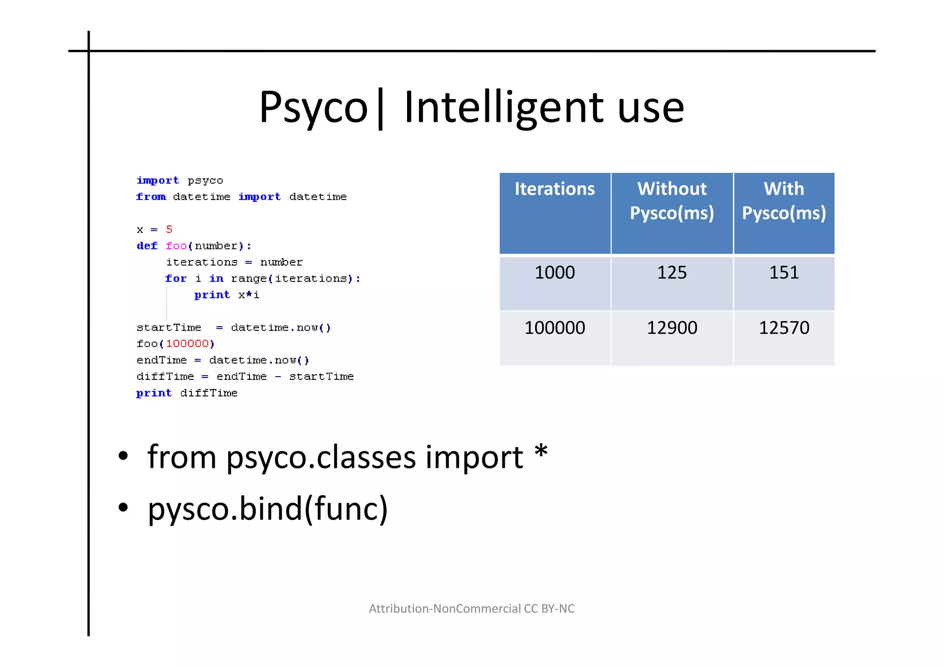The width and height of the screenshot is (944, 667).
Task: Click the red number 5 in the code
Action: click(x=169, y=229)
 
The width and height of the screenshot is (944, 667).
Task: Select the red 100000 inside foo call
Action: click(x=187, y=343)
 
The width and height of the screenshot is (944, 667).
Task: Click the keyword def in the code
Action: click(x=147, y=246)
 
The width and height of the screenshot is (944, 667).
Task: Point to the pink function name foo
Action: click(x=176, y=246)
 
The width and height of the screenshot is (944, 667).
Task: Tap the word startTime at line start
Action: click(x=169, y=327)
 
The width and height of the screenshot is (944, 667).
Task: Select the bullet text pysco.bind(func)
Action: click(x=267, y=508)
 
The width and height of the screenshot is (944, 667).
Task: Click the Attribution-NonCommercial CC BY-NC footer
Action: click(x=472, y=608)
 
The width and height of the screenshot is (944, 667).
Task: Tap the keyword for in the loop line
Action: click(x=176, y=278)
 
